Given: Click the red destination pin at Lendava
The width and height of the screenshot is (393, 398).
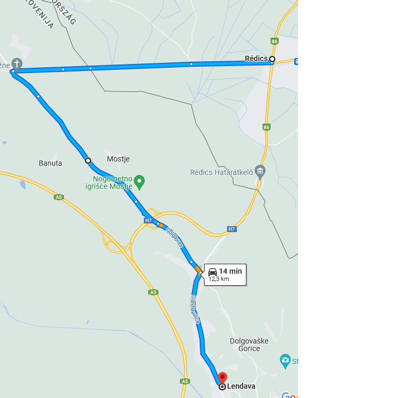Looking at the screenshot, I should (222, 378).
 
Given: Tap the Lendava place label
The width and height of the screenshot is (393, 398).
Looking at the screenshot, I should (241, 386).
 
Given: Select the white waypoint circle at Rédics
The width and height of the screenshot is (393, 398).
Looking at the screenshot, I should (272, 59).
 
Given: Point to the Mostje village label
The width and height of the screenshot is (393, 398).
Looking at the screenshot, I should (118, 159).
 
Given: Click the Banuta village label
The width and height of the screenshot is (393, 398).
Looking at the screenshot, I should (50, 163).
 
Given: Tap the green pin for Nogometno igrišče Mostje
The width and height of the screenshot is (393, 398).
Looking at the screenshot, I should (140, 182).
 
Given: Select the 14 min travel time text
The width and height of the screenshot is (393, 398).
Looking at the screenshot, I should (230, 271).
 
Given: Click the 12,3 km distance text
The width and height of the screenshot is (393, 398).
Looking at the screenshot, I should (219, 279).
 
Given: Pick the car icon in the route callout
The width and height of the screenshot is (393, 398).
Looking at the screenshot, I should (213, 272).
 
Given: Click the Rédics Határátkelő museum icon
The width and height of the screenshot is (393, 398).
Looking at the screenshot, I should (260, 171).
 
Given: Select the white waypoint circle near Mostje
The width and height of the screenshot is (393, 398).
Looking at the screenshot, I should (88, 160).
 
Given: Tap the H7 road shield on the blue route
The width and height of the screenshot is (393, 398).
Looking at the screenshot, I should (148, 220).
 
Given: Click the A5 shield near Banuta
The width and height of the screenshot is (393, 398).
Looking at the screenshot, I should (59, 197).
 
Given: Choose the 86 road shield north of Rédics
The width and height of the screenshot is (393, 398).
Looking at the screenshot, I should (275, 41).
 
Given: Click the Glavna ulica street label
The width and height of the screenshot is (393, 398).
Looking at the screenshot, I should (195, 310).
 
